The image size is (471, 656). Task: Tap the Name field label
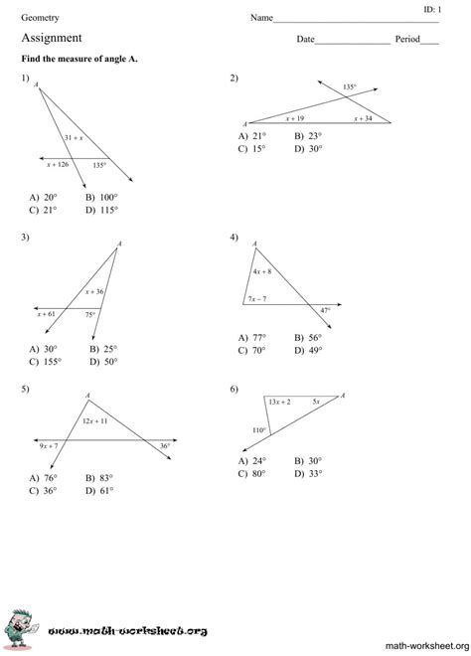pyautogui.click(x=261, y=18)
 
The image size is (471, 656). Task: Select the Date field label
pyautogui.click(x=305, y=40)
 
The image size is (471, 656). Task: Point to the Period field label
pyautogui.click(x=407, y=40)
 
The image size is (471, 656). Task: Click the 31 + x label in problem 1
pyautogui.click(x=73, y=136)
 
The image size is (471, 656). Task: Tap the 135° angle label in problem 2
pyautogui.click(x=349, y=87)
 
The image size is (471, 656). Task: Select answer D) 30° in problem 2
pyautogui.click(x=308, y=148)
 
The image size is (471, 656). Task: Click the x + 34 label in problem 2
pyautogui.click(x=362, y=118)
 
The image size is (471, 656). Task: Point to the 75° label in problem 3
pyautogui.click(x=90, y=314)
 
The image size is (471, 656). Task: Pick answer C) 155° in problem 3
pyautogui.click(x=45, y=362)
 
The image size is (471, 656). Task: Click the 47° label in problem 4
pyautogui.click(x=325, y=310)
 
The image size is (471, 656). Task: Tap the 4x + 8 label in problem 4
pyautogui.click(x=262, y=271)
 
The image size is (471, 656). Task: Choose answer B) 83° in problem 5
pyautogui.click(x=100, y=477)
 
